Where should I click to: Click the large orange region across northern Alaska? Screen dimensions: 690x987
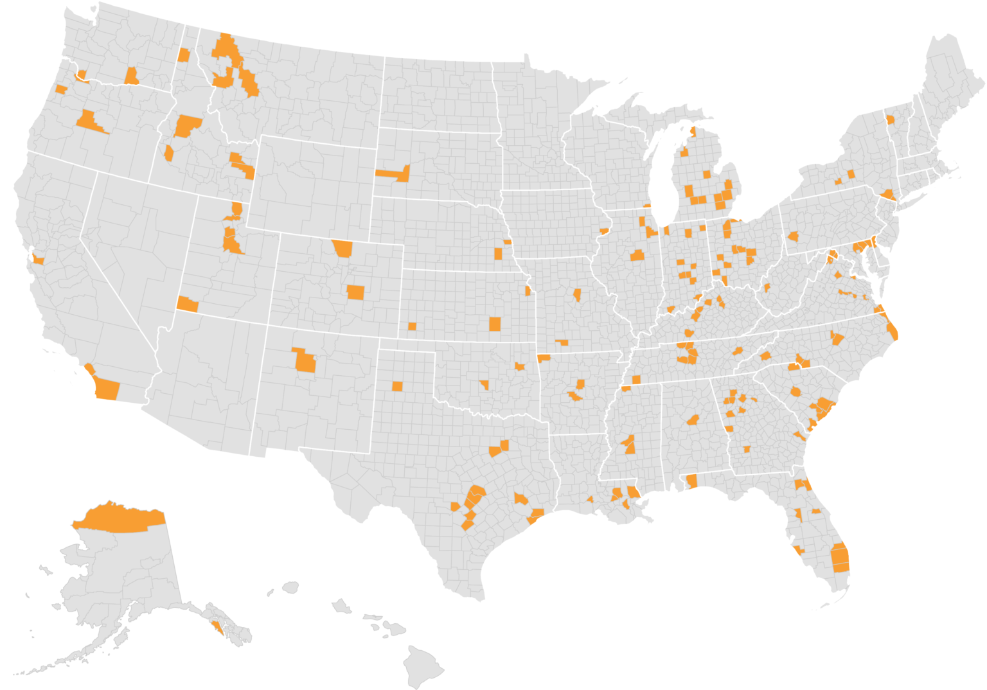tap(119, 518)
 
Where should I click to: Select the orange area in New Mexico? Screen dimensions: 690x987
tap(303, 362)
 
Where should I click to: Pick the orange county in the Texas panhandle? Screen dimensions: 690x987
tap(397, 386)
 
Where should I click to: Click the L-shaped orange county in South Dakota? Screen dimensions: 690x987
tap(394, 173)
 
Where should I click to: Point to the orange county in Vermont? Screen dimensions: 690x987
tap(891, 120)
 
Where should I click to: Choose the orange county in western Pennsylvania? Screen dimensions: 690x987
tap(793, 236)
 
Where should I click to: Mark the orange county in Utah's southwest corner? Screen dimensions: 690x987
tap(188, 305)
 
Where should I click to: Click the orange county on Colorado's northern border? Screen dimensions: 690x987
tap(343, 248)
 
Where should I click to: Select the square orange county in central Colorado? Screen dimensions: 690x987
tap(355, 292)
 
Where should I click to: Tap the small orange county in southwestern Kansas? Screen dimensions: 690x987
tap(412, 326)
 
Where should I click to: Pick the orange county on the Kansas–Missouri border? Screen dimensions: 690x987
tap(528, 291)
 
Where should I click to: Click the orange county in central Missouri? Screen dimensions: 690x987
tap(577, 296)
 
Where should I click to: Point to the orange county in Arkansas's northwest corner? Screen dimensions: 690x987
tap(544, 358)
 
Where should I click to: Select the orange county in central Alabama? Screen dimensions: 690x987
tap(693, 420)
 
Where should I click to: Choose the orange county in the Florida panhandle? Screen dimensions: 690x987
tap(692, 481)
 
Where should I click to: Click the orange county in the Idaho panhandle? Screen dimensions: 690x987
tap(184, 55)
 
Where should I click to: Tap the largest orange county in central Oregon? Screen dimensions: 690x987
tap(89, 121)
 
